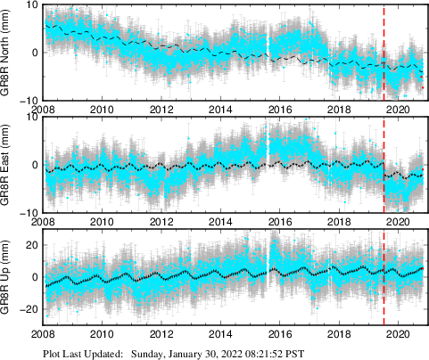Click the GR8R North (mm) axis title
(x=10, y=53)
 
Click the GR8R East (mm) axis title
(x=10, y=166)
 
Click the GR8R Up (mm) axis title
(x=10, y=280)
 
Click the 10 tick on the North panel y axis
(x=32, y=4)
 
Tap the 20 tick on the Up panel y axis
(x=32, y=245)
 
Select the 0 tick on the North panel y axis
(x=35, y=52)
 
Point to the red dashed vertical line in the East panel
(x=384, y=166)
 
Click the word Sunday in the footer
(x=148, y=353)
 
